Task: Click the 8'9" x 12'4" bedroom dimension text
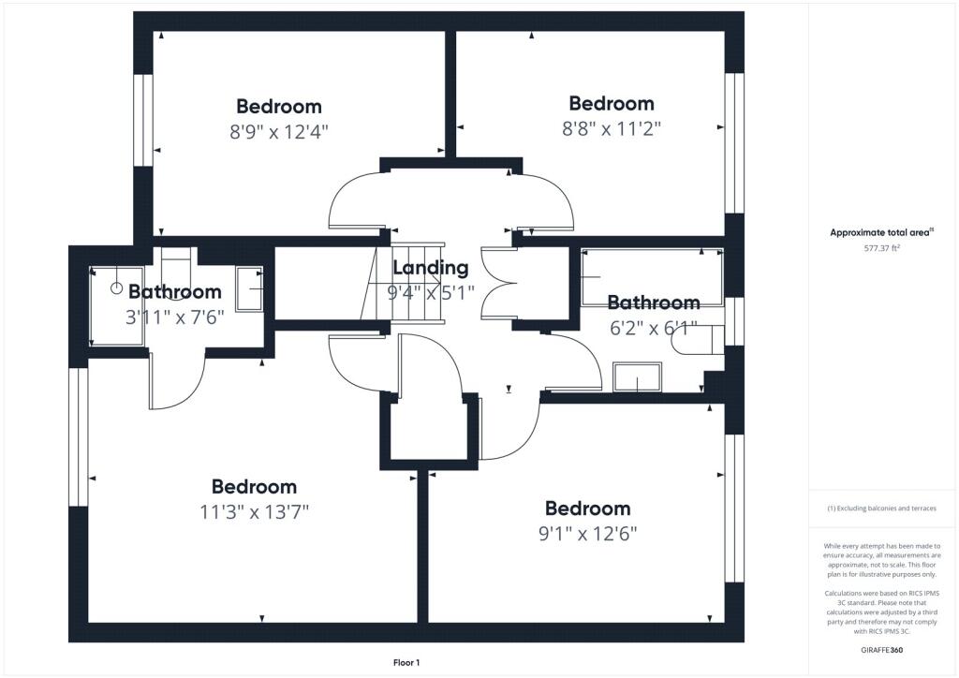(279, 132)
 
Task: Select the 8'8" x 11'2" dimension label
(612, 129)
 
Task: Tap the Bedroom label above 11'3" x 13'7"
(254, 486)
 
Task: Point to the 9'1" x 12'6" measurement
(587, 534)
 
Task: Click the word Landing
(430, 268)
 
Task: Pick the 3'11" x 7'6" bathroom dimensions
(175, 317)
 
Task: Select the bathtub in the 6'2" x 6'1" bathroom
(652, 277)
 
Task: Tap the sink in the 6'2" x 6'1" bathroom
(637, 377)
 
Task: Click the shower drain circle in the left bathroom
(116, 288)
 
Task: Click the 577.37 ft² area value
(881, 249)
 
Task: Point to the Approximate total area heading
(881, 232)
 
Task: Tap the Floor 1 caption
(406, 662)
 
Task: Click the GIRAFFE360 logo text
(881, 649)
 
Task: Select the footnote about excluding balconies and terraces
(881, 508)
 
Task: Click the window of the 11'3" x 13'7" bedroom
(78, 436)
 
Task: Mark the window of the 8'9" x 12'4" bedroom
(143, 119)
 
